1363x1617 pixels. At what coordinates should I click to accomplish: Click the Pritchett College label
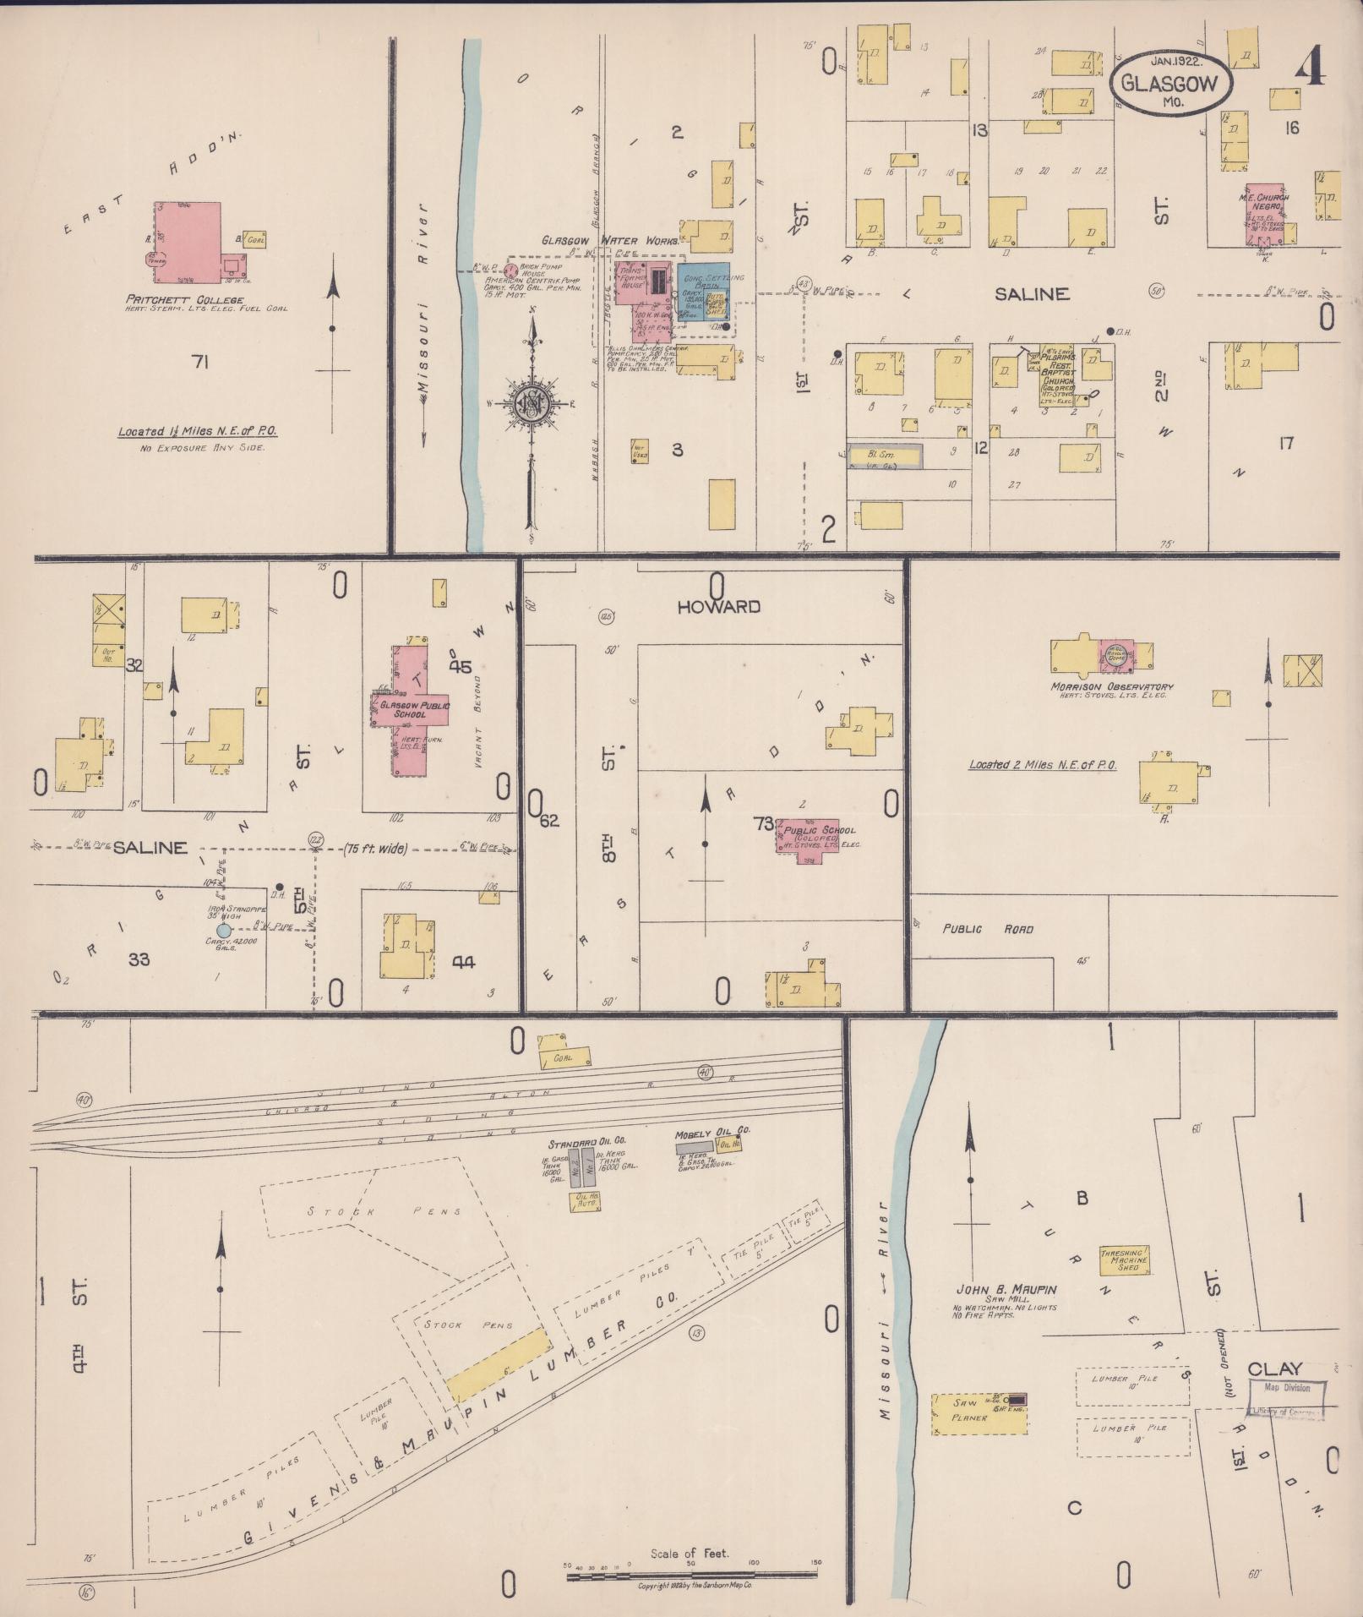click(184, 299)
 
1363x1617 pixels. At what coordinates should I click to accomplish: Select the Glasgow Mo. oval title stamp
click(1171, 83)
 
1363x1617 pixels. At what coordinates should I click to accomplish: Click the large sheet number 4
click(1311, 66)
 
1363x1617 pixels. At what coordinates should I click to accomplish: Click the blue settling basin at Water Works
click(703, 292)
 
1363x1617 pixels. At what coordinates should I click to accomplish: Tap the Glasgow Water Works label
click(610, 241)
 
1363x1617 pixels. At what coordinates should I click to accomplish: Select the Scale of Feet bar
click(692, 1576)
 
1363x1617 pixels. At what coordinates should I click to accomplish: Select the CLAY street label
click(1275, 1368)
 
